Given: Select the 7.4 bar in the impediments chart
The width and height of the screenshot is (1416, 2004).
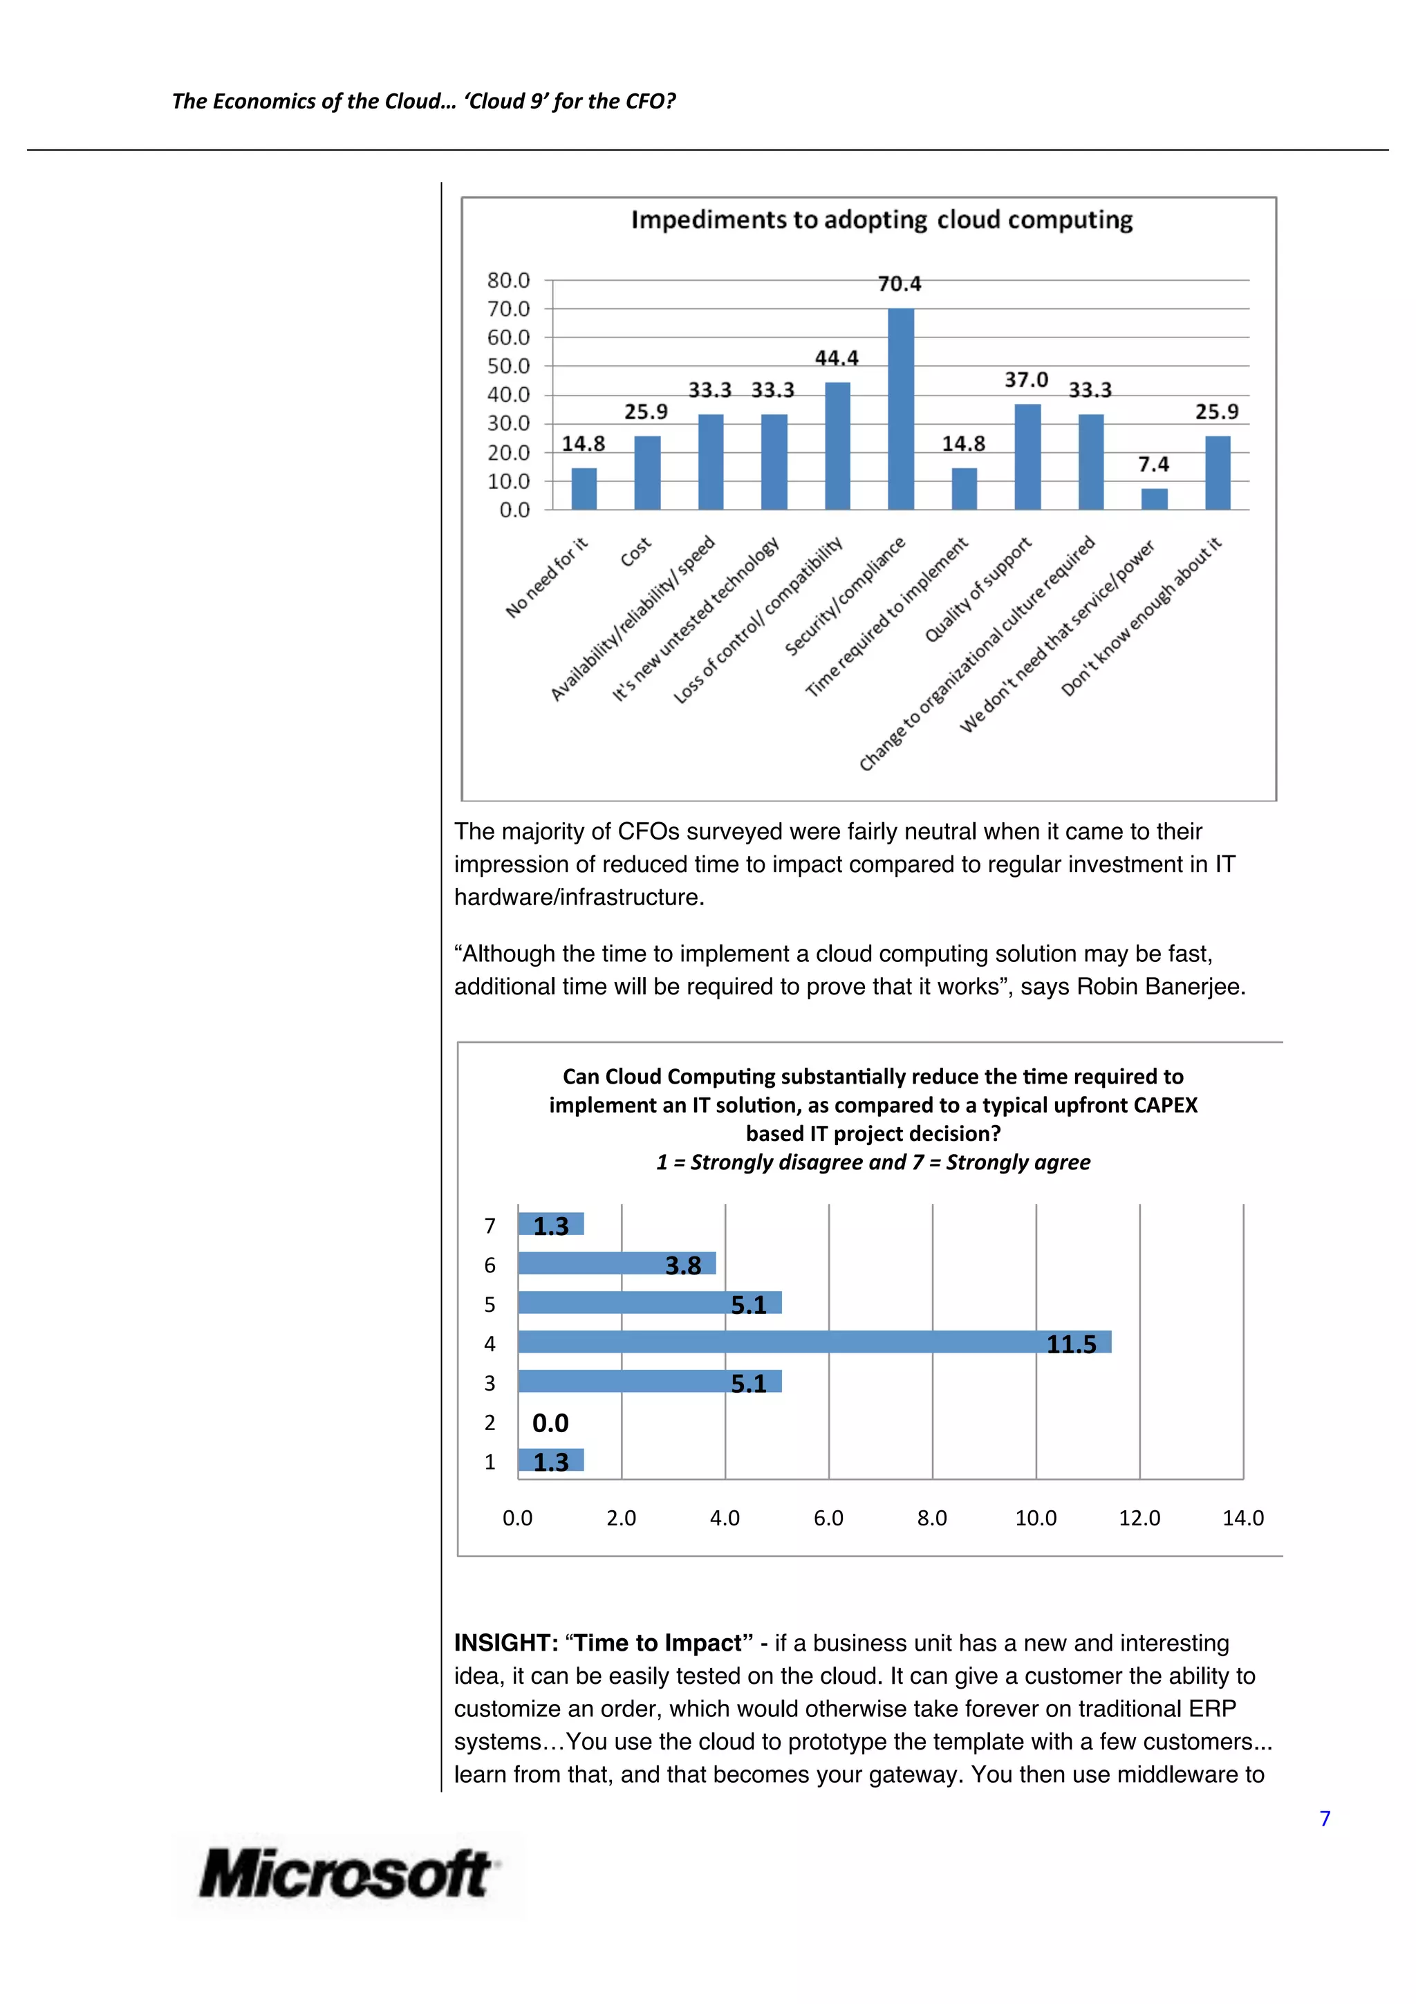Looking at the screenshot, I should [x=1153, y=499].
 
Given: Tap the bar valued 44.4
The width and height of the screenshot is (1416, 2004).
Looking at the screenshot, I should [x=837, y=446].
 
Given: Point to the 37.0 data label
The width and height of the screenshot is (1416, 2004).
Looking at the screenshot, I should [x=1026, y=380].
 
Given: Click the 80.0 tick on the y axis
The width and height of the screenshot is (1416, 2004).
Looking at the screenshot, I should [x=509, y=280].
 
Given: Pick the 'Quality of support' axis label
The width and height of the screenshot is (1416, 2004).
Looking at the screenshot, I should [x=978, y=589].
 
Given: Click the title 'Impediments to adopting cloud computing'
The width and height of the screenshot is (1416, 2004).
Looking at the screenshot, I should [x=881, y=220].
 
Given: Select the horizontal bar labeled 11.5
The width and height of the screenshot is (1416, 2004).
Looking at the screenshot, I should [x=813, y=1342].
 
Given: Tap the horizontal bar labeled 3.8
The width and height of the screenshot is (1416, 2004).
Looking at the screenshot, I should [x=616, y=1263].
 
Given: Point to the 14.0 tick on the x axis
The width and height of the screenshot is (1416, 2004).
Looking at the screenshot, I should [x=1242, y=1518].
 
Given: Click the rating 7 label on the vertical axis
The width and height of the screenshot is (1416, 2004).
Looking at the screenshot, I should [x=490, y=1226].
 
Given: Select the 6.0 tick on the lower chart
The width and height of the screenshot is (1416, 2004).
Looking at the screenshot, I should [x=828, y=1518].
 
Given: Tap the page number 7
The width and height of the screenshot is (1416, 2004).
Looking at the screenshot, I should [x=1325, y=1818].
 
